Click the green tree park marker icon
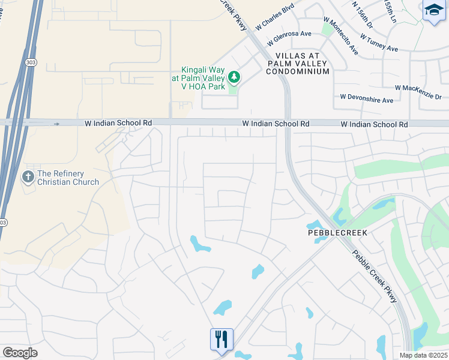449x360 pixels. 234,77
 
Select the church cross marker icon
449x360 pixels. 27,177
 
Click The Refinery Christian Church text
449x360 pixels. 67,178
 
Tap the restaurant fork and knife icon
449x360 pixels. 221,340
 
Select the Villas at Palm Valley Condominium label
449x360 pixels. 298,63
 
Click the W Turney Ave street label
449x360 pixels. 379,42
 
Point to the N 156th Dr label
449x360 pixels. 364,15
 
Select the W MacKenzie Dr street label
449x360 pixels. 418,92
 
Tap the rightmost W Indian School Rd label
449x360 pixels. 374,124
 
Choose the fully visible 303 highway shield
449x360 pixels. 30,62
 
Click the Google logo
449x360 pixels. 20,353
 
